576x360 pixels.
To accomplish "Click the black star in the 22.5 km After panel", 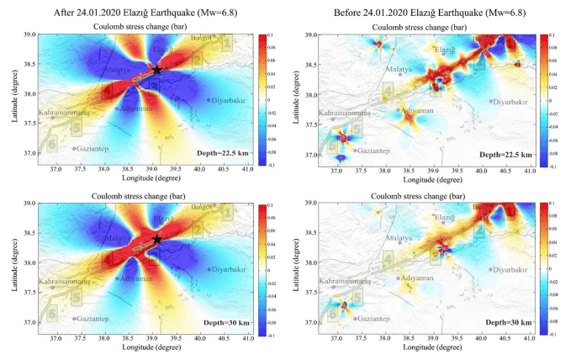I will pos(157,70).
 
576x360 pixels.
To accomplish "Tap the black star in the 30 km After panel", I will pos(157,240).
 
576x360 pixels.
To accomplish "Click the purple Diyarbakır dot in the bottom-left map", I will pos(208,270).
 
